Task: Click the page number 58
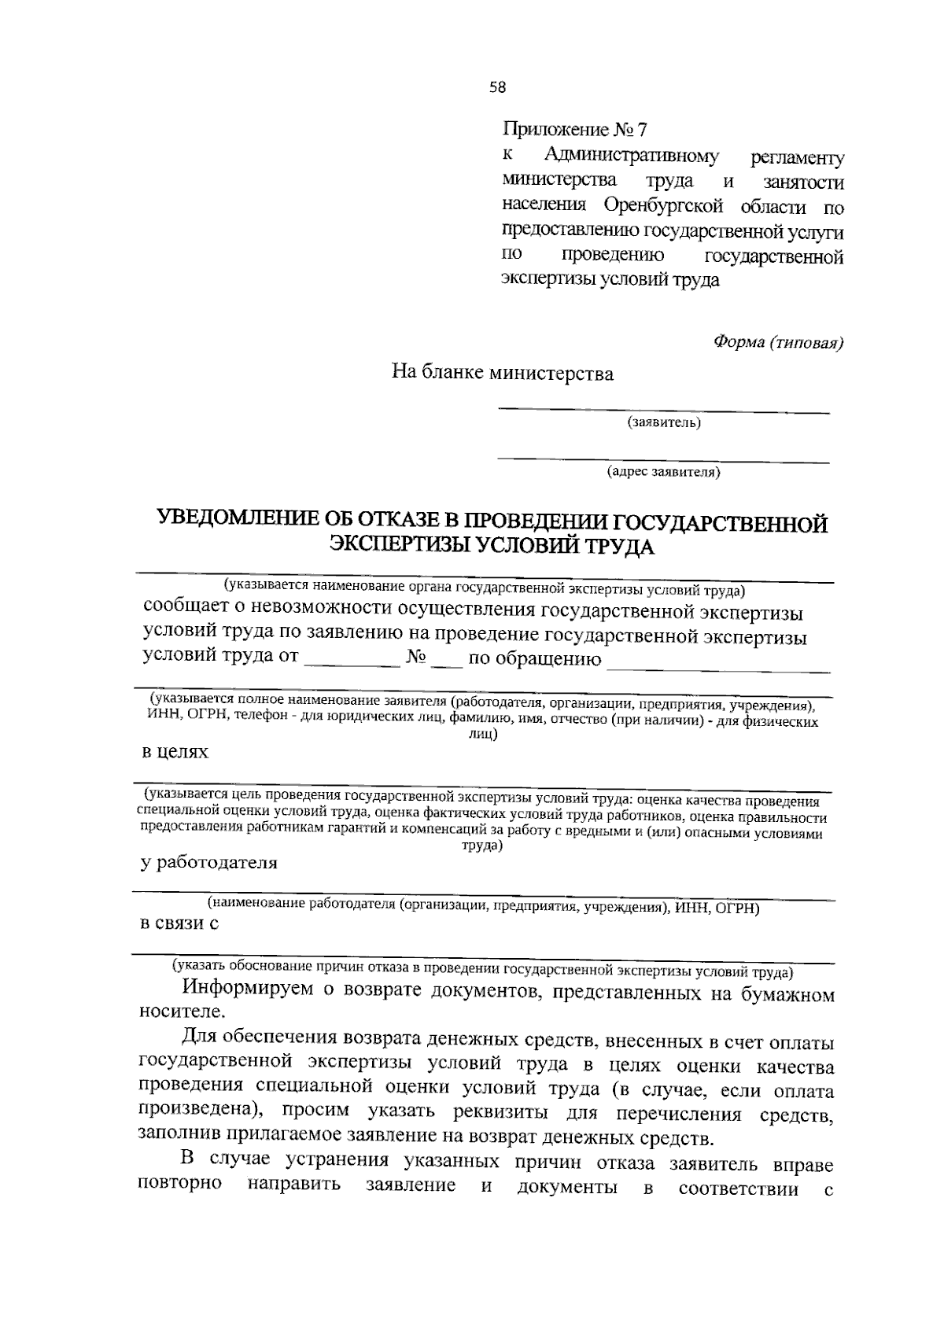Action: pyautogui.click(x=496, y=88)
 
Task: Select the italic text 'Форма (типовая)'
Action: pyautogui.click(x=778, y=342)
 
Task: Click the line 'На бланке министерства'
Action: pyautogui.click(x=503, y=373)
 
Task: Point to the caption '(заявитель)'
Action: pyautogui.click(x=663, y=423)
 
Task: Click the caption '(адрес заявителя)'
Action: pyautogui.click(x=663, y=472)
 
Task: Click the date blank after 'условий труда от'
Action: pyautogui.click(x=352, y=661)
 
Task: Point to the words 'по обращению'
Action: pyautogui.click(x=534, y=659)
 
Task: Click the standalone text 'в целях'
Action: pyautogui.click(x=175, y=752)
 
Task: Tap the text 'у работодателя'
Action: pyautogui.click(x=208, y=863)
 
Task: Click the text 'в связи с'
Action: pyautogui.click(x=179, y=924)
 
